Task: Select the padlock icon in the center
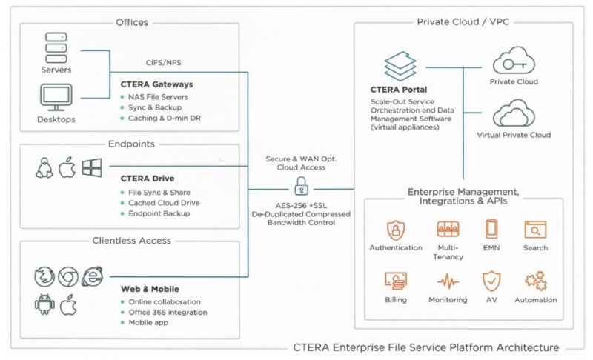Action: point(301,185)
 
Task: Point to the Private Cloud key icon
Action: point(514,60)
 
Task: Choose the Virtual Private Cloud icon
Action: point(514,115)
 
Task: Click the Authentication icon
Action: point(396,229)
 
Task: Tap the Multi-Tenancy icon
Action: point(448,229)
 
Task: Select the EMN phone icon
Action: point(491,229)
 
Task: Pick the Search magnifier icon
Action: point(534,229)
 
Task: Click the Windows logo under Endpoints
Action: point(91,168)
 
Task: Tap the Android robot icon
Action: point(44,304)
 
